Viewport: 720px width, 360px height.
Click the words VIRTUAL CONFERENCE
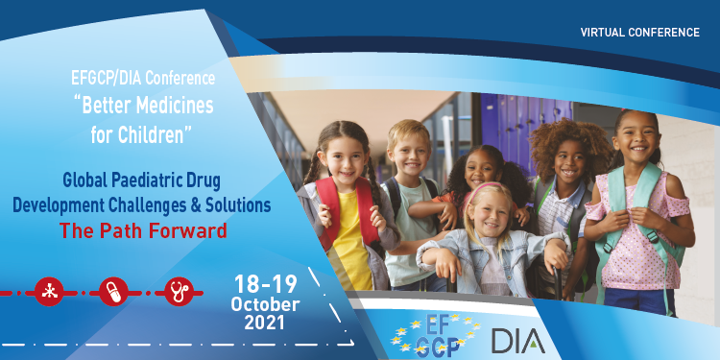[x=639, y=33]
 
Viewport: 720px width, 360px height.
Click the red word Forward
[x=185, y=230]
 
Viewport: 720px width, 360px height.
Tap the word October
[x=265, y=304]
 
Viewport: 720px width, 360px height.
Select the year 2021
[x=265, y=324]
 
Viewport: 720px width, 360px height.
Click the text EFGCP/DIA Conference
[x=142, y=76]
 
